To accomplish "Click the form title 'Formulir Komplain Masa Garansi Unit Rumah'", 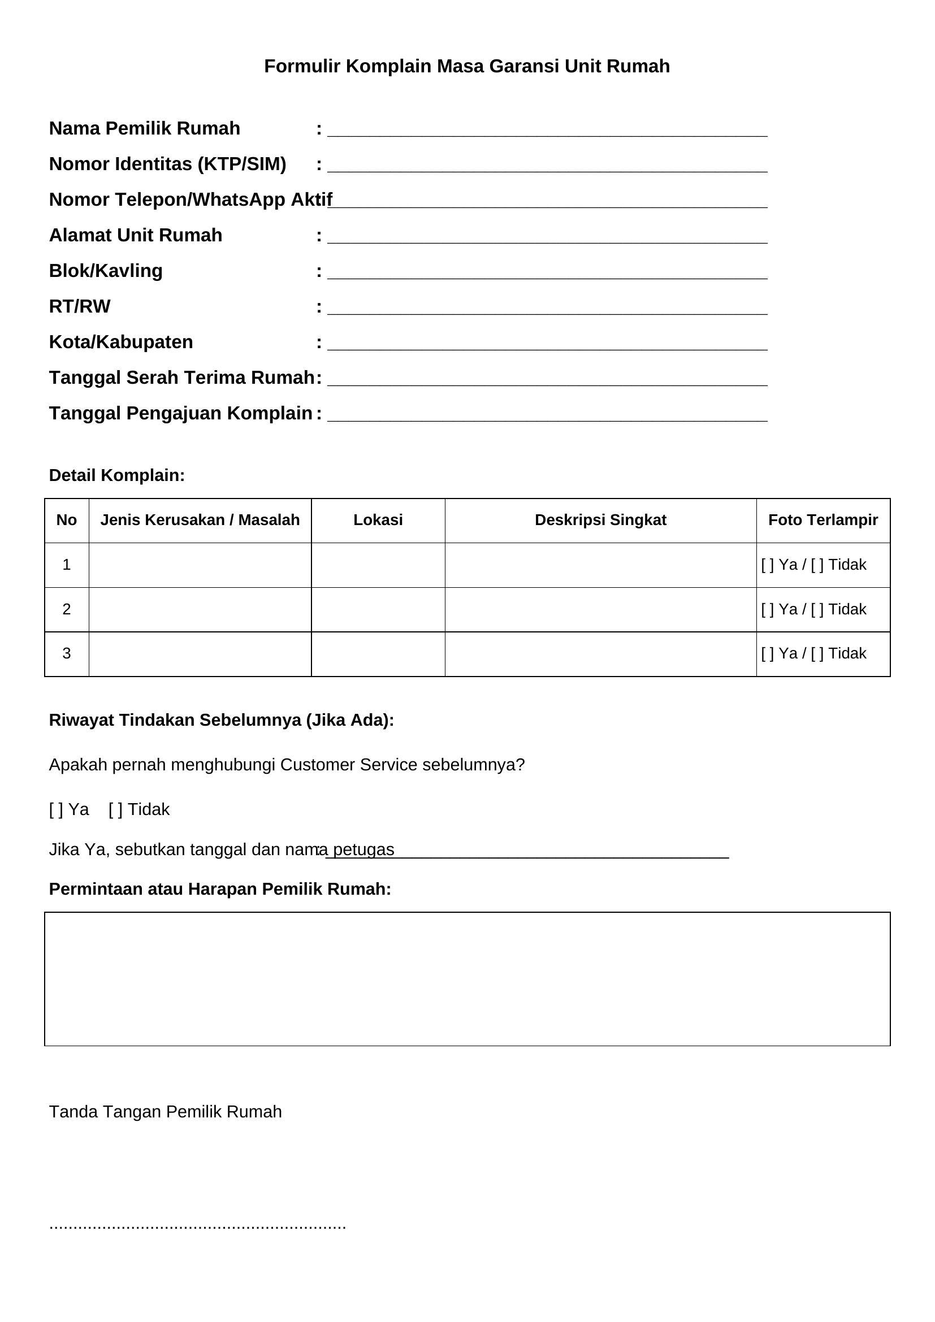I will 467,66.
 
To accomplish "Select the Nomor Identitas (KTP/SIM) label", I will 167,164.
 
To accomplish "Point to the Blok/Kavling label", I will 106,271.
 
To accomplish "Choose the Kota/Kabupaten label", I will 121,342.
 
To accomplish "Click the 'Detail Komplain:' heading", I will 117,475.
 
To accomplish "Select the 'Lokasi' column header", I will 378,520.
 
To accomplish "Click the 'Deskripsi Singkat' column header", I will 600,520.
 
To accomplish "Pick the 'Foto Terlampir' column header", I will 823,520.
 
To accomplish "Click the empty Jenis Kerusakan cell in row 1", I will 200,565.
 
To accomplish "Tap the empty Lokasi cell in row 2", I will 378,609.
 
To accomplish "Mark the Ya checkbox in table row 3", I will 768,653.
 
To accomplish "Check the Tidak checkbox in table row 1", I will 817,565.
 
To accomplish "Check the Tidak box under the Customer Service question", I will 115,809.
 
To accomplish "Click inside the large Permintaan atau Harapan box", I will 467,978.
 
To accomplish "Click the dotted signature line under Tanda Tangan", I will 197,1226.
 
